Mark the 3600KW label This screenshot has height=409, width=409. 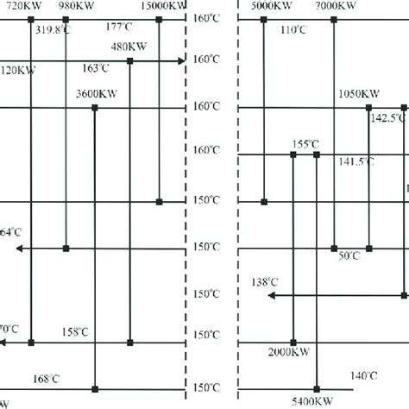(95, 94)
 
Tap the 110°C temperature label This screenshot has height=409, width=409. (293, 30)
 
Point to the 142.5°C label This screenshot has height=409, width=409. (387, 119)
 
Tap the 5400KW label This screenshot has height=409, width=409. (317, 400)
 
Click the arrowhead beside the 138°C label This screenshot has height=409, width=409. (270, 295)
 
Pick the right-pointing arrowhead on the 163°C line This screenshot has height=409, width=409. (180, 61)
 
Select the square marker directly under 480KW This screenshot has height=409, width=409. (129, 61)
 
